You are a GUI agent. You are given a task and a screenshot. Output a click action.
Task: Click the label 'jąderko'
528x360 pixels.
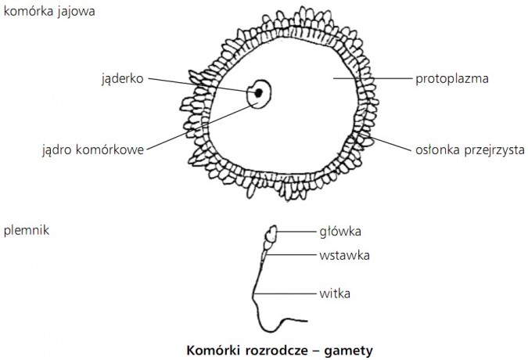(122, 78)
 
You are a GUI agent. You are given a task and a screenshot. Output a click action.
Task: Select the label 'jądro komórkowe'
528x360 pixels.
(93, 149)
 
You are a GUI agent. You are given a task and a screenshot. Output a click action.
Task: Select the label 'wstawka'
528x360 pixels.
(343, 254)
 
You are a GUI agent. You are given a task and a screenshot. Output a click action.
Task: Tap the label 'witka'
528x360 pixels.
(334, 293)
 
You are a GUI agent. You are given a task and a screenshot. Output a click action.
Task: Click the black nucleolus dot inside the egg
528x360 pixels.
(258, 94)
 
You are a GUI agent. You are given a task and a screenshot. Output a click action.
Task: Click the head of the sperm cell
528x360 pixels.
(273, 234)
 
